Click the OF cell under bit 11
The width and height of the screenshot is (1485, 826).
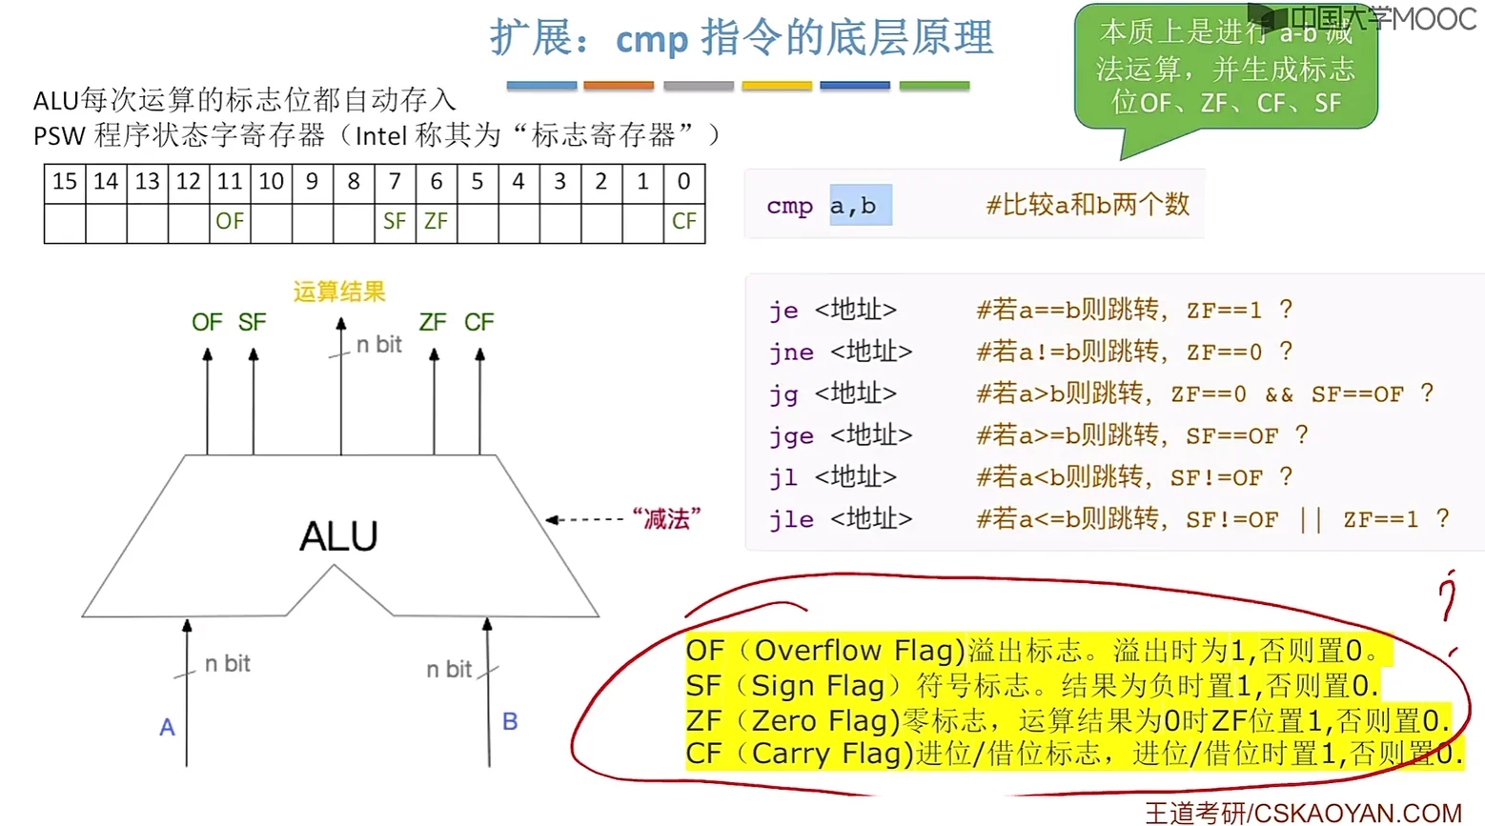coord(230,222)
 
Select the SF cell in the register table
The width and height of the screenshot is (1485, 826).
coord(395,222)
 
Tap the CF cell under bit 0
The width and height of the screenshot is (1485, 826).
coord(683,222)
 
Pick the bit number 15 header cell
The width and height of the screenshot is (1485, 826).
coord(65,181)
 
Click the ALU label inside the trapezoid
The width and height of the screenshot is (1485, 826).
coord(338,536)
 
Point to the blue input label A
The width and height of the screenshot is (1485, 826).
coord(167,728)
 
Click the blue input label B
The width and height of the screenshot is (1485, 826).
coord(510,721)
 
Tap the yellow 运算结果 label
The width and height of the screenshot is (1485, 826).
coord(338,292)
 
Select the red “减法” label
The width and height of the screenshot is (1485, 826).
coord(666,519)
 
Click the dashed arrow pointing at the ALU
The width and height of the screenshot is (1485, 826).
coord(585,519)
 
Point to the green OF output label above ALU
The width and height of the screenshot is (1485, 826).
coord(207,323)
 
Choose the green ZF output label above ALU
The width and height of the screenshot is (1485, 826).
coord(433,323)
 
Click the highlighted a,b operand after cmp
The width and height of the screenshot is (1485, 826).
coord(853,206)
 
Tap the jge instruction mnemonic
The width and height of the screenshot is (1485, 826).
coord(791,436)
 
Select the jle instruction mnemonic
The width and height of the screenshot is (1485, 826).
coord(791,520)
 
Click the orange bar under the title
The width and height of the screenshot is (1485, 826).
coord(619,86)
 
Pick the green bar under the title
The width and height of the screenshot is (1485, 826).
coord(934,86)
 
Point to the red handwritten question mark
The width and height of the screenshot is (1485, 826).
coord(1449,595)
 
